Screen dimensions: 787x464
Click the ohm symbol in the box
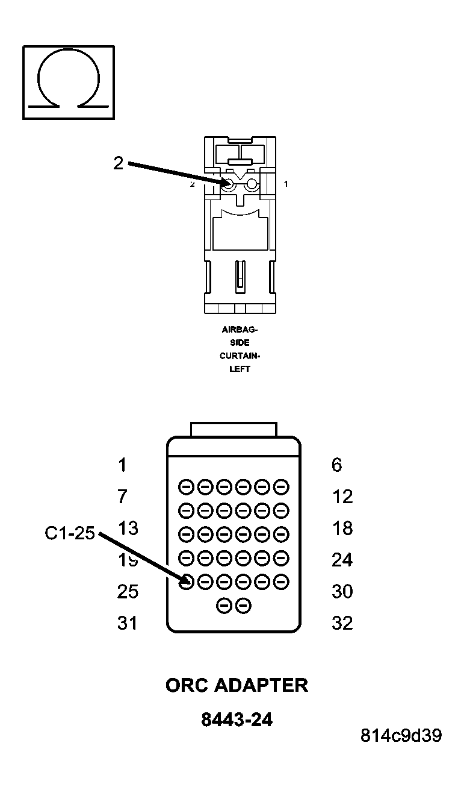(68, 82)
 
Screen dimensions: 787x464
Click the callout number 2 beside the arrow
(119, 163)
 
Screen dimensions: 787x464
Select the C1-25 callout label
(70, 533)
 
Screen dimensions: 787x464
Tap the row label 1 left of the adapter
(123, 465)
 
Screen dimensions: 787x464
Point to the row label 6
(337, 465)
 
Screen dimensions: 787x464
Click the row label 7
(123, 497)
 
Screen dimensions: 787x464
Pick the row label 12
(342, 497)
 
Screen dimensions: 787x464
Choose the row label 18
(342, 528)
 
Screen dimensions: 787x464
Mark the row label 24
(342, 560)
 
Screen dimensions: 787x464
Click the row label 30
(342, 592)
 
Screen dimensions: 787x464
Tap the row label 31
(128, 623)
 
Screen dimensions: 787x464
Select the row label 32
(342, 623)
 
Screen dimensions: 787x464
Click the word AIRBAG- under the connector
(240, 330)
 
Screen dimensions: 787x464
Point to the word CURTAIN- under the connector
(240, 356)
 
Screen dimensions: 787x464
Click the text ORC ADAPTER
(237, 685)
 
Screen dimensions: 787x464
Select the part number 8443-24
(237, 720)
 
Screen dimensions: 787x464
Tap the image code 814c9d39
(401, 736)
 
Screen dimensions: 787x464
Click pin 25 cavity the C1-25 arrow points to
(187, 582)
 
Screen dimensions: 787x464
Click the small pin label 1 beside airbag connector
(285, 184)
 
